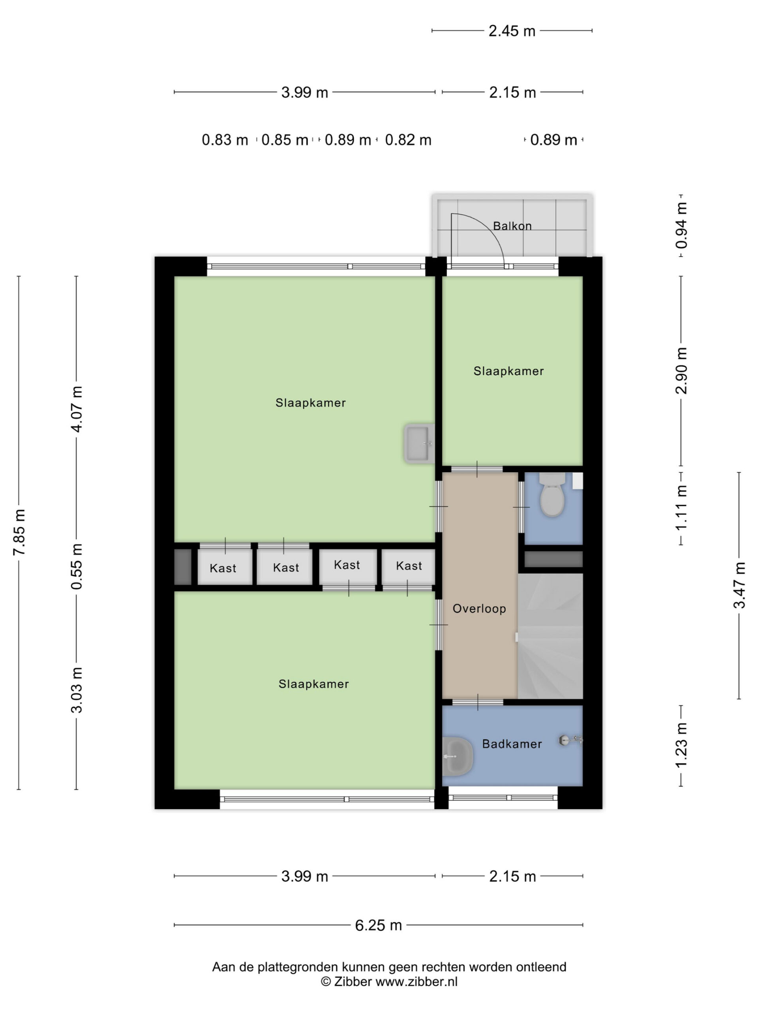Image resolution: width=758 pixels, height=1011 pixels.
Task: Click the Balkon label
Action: click(512, 226)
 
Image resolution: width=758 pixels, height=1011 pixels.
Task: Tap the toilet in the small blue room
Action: click(552, 494)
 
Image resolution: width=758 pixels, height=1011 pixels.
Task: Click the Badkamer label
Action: click(512, 744)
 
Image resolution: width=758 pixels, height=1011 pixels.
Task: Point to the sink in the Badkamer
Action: click(457, 756)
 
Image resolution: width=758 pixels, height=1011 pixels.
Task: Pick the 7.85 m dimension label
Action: click(19, 532)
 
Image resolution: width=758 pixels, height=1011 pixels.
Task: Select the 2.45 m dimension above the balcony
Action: click(512, 31)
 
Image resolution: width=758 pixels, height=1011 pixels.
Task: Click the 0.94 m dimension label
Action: click(681, 226)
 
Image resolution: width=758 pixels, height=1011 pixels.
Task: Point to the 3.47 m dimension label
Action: click(739, 585)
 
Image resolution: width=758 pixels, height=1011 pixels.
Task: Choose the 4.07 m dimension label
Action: click(77, 409)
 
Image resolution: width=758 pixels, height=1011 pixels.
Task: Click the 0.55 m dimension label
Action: click(77, 566)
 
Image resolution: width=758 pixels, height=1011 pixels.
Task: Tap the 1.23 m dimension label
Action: click(681, 746)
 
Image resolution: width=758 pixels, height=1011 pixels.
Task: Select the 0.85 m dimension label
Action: click(285, 140)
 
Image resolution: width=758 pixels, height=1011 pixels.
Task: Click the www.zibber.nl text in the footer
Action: click(416, 982)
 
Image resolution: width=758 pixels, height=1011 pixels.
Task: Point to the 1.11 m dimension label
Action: click(681, 508)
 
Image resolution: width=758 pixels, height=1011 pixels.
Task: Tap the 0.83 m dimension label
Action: click(225, 140)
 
